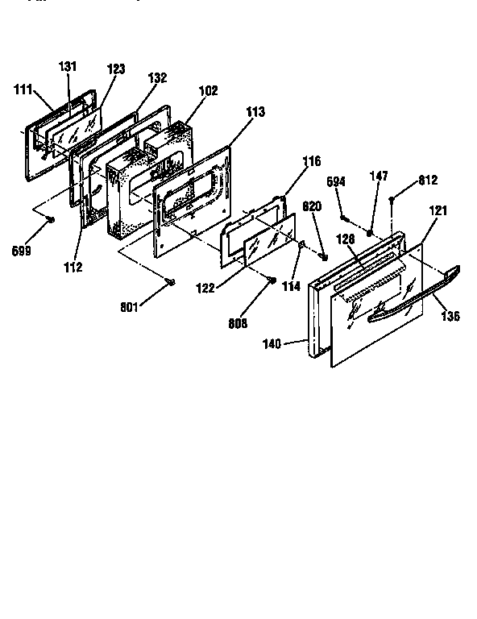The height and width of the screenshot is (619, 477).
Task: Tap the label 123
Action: (x=116, y=69)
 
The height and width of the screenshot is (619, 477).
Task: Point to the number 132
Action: (x=157, y=78)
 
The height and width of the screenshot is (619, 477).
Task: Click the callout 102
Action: (x=208, y=91)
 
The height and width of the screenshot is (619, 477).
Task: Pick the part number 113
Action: (x=255, y=112)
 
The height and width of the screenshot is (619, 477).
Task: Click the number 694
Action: (x=337, y=182)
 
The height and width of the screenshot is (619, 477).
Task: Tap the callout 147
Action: (x=379, y=175)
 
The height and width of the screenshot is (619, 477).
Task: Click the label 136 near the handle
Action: (x=450, y=317)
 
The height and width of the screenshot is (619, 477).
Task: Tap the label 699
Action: (x=22, y=250)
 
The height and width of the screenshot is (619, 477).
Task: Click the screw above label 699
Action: (x=52, y=218)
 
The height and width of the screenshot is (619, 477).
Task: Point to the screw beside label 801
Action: (x=171, y=280)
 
